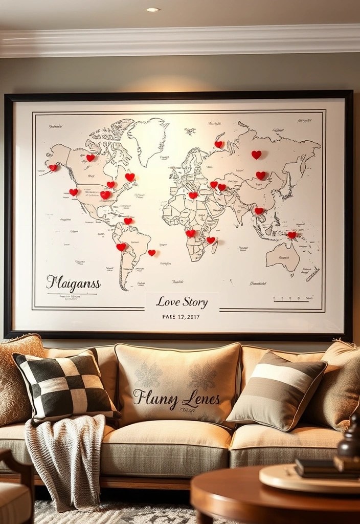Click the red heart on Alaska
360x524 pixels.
tap(53, 167)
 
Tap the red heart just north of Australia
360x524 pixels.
tap(291, 235)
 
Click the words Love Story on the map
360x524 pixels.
tap(182, 302)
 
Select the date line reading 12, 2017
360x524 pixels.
tap(182, 317)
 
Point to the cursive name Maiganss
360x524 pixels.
tap(73, 283)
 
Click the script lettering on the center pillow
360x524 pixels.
tap(176, 398)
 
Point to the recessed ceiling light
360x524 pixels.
tap(152, 10)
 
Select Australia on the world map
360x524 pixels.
tap(283, 256)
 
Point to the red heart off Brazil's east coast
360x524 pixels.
tap(152, 252)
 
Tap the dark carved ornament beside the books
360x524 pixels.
tap(350, 440)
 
